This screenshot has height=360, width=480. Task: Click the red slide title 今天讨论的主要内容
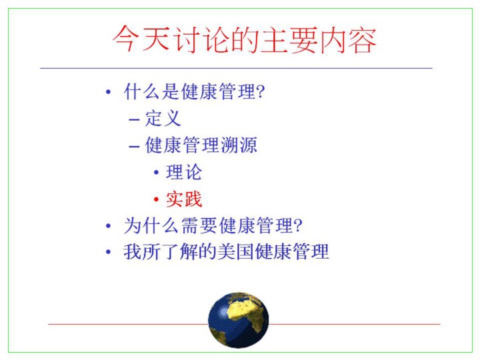(x=244, y=40)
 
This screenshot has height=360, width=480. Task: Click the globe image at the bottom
(x=239, y=320)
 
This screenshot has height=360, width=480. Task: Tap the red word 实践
(x=184, y=199)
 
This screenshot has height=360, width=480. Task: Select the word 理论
(x=184, y=173)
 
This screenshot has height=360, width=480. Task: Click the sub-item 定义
(x=163, y=119)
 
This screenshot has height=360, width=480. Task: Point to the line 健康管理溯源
(x=201, y=145)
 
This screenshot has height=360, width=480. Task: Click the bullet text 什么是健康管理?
(x=195, y=91)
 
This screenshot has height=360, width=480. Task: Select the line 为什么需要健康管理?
(x=213, y=225)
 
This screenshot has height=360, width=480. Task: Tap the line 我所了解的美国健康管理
(x=226, y=251)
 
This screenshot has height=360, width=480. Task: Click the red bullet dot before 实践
(x=156, y=199)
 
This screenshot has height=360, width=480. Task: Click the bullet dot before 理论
(x=156, y=173)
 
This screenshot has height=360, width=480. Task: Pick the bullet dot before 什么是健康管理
(x=108, y=91)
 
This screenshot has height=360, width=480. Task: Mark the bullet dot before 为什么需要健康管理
(x=108, y=226)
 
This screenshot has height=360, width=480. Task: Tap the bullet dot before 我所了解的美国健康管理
(x=108, y=252)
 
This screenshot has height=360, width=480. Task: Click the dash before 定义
(x=134, y=120)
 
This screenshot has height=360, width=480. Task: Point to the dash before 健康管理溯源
(x=134, y=147)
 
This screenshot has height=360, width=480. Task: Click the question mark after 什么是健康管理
(x=261, y=91)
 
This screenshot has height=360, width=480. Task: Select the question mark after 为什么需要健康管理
(x=298, y=226)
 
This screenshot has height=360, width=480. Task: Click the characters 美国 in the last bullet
(x=236, y=251)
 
